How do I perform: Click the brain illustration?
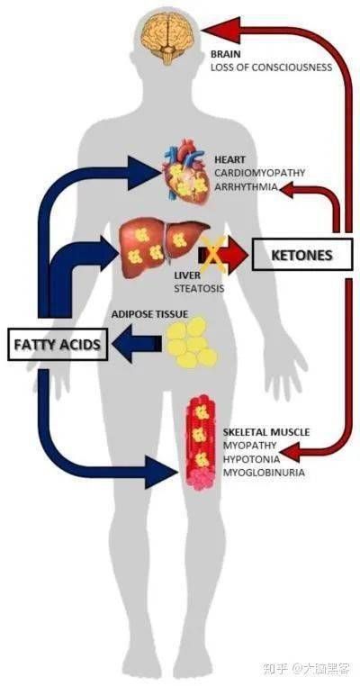168,37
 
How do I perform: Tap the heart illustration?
184,172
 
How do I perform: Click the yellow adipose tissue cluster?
191,342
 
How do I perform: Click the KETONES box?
301,255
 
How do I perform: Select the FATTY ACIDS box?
58,344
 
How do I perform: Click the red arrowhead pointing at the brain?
221,30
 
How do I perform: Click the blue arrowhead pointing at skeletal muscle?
161,472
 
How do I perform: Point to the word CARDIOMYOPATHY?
259,172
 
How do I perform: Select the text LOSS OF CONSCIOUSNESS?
271,68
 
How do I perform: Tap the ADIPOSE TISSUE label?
149,313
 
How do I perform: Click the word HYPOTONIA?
251,459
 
